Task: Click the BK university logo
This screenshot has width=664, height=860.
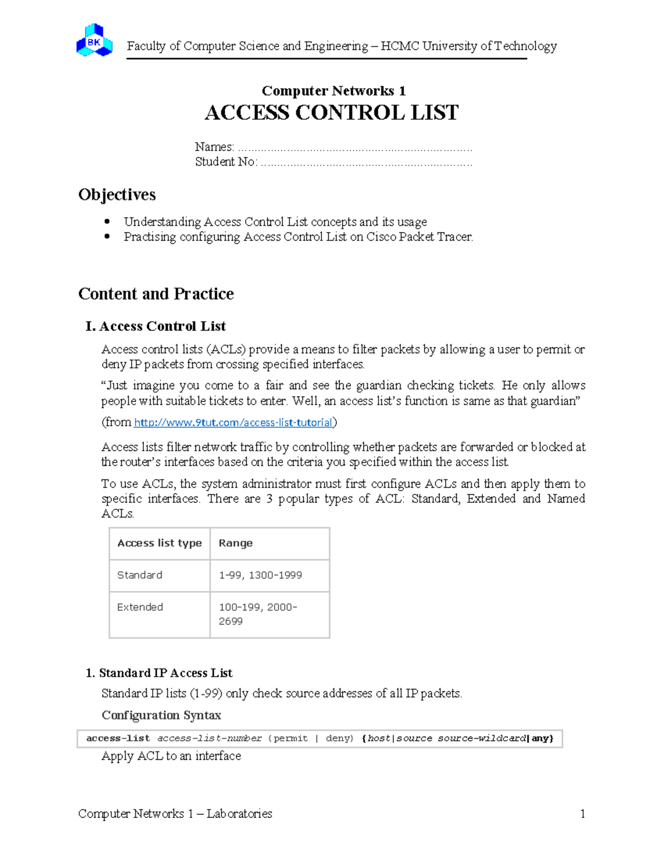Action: pos(95,40)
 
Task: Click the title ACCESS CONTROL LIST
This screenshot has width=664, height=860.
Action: pos(331,113)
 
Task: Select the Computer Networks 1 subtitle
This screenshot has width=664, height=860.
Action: pos(333,91)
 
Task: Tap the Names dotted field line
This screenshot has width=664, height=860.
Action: pos(355,148)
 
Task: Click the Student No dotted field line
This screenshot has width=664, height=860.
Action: pos(366,163)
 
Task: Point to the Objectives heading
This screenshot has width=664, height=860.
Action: pos(117,195)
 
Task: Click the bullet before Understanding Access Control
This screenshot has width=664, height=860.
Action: pos(108,222)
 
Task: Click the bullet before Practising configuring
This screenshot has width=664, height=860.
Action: pos(108,236)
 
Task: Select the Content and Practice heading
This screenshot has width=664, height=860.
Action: pos(156,293)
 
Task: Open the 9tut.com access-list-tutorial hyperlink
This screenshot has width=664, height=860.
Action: pos(233,423)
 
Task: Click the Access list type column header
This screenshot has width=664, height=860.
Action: pos(159,543)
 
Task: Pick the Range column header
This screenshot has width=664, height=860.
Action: pos(236,543)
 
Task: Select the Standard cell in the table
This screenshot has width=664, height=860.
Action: pos(140,575)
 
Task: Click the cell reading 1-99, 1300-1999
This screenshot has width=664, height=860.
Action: pos(261,575)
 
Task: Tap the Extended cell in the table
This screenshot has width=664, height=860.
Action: pos(140,607)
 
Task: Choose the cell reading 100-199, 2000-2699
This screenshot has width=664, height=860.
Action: pos(258,614)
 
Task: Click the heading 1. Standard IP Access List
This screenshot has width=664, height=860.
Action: pos(159,673)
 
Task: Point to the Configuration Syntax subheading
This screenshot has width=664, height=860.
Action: pos(161,715)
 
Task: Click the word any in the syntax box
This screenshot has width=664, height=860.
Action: pos(540,738)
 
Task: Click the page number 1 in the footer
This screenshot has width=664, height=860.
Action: pos(582,813)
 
